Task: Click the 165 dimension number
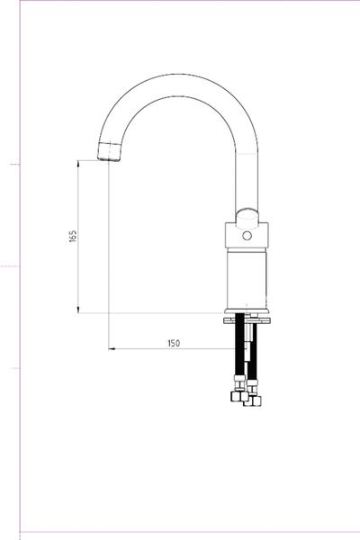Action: tap(73, 236)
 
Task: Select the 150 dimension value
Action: tap(174, 343)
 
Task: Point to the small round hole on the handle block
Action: tap(247, 236)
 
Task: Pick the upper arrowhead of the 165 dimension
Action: tap(79, 163)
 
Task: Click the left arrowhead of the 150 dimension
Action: tap(112, 348)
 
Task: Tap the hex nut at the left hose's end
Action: tap(239, 396)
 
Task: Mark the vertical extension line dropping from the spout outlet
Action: tap(109, 252)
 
